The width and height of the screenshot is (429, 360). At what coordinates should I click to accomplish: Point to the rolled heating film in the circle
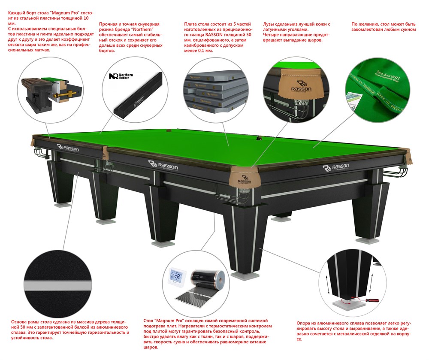tap(210, 278)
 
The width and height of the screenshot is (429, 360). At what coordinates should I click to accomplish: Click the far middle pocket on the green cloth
tap(259, 138)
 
